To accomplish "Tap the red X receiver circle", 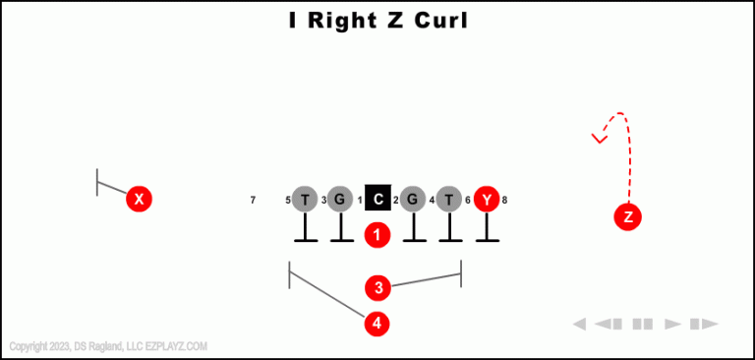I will click(140, 200).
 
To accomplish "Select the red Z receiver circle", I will click(628, 217).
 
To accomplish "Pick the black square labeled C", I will click(378, 200).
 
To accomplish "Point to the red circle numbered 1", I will click(377, 235).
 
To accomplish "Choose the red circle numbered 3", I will click(377, 288).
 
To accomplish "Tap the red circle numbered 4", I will click(377, 323).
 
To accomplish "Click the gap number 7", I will click(253, 201).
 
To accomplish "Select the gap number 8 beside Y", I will click(504, 201).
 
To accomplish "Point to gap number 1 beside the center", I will click(360, 201).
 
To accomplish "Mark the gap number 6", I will click(468, 201).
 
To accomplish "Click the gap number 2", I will click(396, 201).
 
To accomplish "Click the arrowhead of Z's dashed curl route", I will click(598, 138).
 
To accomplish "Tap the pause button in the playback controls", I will click(643, 324).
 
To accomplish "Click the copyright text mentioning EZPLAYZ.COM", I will click(108, 346).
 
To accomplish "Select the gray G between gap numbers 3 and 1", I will click(340, 200).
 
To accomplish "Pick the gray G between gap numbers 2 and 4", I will click(414, 200).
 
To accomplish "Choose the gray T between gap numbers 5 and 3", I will click(305, 200).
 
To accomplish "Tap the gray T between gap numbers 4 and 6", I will click(449, 200).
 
